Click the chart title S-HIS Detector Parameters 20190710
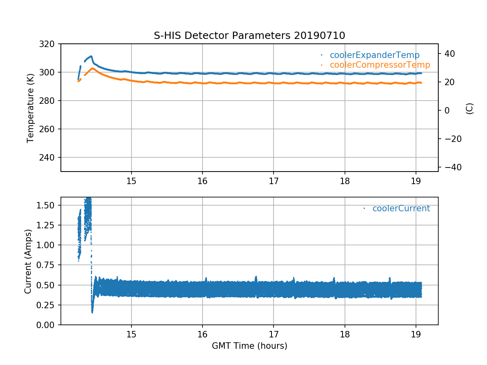pos(249,35)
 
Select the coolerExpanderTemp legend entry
pos(374,55)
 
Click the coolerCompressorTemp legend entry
pos(379,65)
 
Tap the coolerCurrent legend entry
pos(401,208)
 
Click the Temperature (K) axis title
pos(30,107)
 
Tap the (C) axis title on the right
pos(470,108)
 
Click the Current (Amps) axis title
pos(28,261)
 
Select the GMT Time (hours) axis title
pos(249,346)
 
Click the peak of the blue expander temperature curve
pos(91,56)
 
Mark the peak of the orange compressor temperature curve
pos(93,68)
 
